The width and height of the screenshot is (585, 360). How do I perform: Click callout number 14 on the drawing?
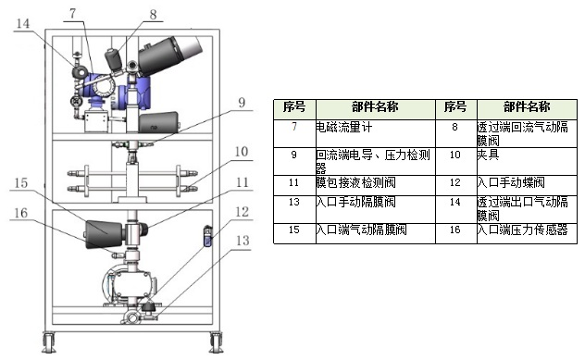click(23, 23)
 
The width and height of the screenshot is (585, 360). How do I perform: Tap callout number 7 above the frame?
click(73, 14)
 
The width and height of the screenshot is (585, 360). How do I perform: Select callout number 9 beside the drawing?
click(242, 103)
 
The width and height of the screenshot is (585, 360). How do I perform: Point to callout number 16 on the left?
click(21, 213)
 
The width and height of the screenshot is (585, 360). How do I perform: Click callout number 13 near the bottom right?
click(243, 241)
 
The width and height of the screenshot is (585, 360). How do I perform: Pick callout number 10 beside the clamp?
click(242, 152)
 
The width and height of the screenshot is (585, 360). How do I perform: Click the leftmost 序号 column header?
click(294, 107)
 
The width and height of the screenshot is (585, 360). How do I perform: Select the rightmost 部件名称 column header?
click(527, 107)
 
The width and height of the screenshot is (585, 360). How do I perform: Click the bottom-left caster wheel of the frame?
click(48, 342)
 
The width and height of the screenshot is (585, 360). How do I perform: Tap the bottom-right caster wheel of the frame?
click(216, 342)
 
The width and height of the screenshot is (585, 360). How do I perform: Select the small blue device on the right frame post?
click(207, 236)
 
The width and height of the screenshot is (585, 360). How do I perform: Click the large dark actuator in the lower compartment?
click(104, 235)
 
